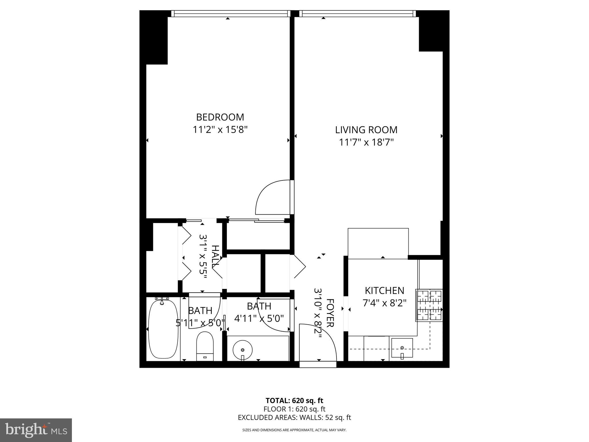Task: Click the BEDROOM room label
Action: tap(220, 117)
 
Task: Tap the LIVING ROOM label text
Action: tap(366, 130)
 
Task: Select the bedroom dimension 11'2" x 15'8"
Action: tap(220, 130)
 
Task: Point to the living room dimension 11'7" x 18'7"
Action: tap(366, 142)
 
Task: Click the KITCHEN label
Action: tap(385, 291)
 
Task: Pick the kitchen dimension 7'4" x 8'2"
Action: tap(385, 303)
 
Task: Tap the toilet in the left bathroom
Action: tap(205, 346)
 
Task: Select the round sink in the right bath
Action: tap(242, 350)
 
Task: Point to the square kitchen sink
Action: tap(402, 348)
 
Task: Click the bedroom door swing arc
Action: tap(270, 197)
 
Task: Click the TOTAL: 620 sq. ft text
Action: tap(294, 401)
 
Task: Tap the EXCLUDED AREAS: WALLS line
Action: tap(294, 418)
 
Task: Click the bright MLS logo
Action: tap(36, 430)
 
